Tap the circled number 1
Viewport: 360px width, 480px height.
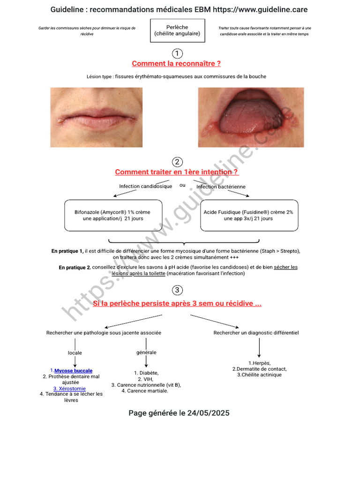coord(177,53)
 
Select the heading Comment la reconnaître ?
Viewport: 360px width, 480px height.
coord(176,64)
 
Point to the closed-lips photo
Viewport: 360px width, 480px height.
coord(97,117)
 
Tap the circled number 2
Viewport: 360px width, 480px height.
coord(177,162)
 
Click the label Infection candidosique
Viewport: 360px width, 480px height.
coord(146,186)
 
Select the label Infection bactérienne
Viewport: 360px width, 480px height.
coord(221,187)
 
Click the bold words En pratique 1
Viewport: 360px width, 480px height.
coord(67,251)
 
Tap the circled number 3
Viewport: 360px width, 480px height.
coord(177,290)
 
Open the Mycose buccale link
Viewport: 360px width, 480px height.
coord(74,371)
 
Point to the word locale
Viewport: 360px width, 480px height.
coord(75,352)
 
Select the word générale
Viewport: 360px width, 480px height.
coord(146,352)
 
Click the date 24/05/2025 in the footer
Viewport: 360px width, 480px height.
coord(209,413)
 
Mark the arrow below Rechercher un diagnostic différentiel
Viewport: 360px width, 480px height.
coord(259,348)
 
